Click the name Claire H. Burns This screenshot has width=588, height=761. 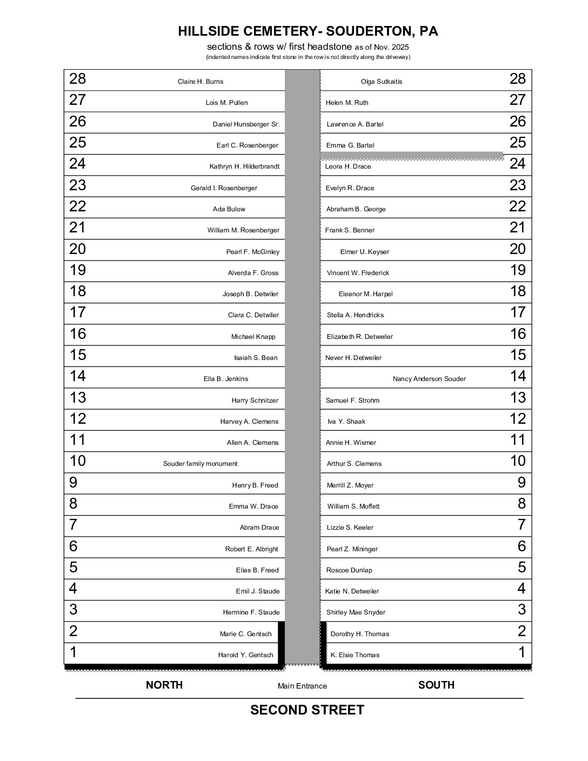(201, 82)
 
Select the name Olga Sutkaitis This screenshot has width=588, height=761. (382, 82)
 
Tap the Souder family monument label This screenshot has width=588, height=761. (200, 464)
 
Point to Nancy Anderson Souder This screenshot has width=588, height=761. (429, 379)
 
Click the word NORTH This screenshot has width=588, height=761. (164, 685)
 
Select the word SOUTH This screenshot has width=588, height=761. (436, 685)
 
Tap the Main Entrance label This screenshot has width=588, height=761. (302, 686)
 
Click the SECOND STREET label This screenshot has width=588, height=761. (307, 710)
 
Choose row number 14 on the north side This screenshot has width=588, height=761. (77, 376)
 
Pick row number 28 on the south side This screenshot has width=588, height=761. (517, 79)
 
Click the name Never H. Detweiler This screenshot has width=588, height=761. (353, 358)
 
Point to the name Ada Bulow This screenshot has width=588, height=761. (229, 209)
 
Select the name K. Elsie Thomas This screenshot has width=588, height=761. (355, 655)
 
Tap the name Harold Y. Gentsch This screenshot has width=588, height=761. (245, 655)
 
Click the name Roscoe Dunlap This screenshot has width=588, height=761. (349, 570)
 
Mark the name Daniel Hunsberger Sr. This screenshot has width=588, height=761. (246, 124)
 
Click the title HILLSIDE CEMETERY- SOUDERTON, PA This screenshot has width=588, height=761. (308, 31)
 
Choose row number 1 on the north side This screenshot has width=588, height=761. (73, 652)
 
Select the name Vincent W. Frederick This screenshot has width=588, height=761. (358, 273)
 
